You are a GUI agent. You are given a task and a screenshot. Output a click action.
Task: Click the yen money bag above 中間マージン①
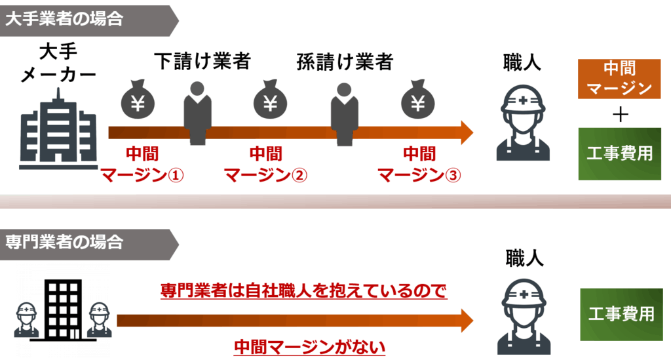click(138, 100)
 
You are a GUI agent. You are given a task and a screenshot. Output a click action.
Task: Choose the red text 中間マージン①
click(141, 165)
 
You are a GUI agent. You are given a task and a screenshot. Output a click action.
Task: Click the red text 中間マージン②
click(265, 165)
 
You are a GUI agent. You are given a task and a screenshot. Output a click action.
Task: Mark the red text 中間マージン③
click(419, 165)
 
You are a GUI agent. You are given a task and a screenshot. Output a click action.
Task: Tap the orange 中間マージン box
click(619, 79)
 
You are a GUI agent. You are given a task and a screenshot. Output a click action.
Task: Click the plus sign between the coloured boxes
click(619, 114)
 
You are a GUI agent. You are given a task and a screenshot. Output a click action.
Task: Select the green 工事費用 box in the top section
click(619, 154)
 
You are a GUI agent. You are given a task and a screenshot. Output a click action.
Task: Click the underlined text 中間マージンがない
click(309, 346)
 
